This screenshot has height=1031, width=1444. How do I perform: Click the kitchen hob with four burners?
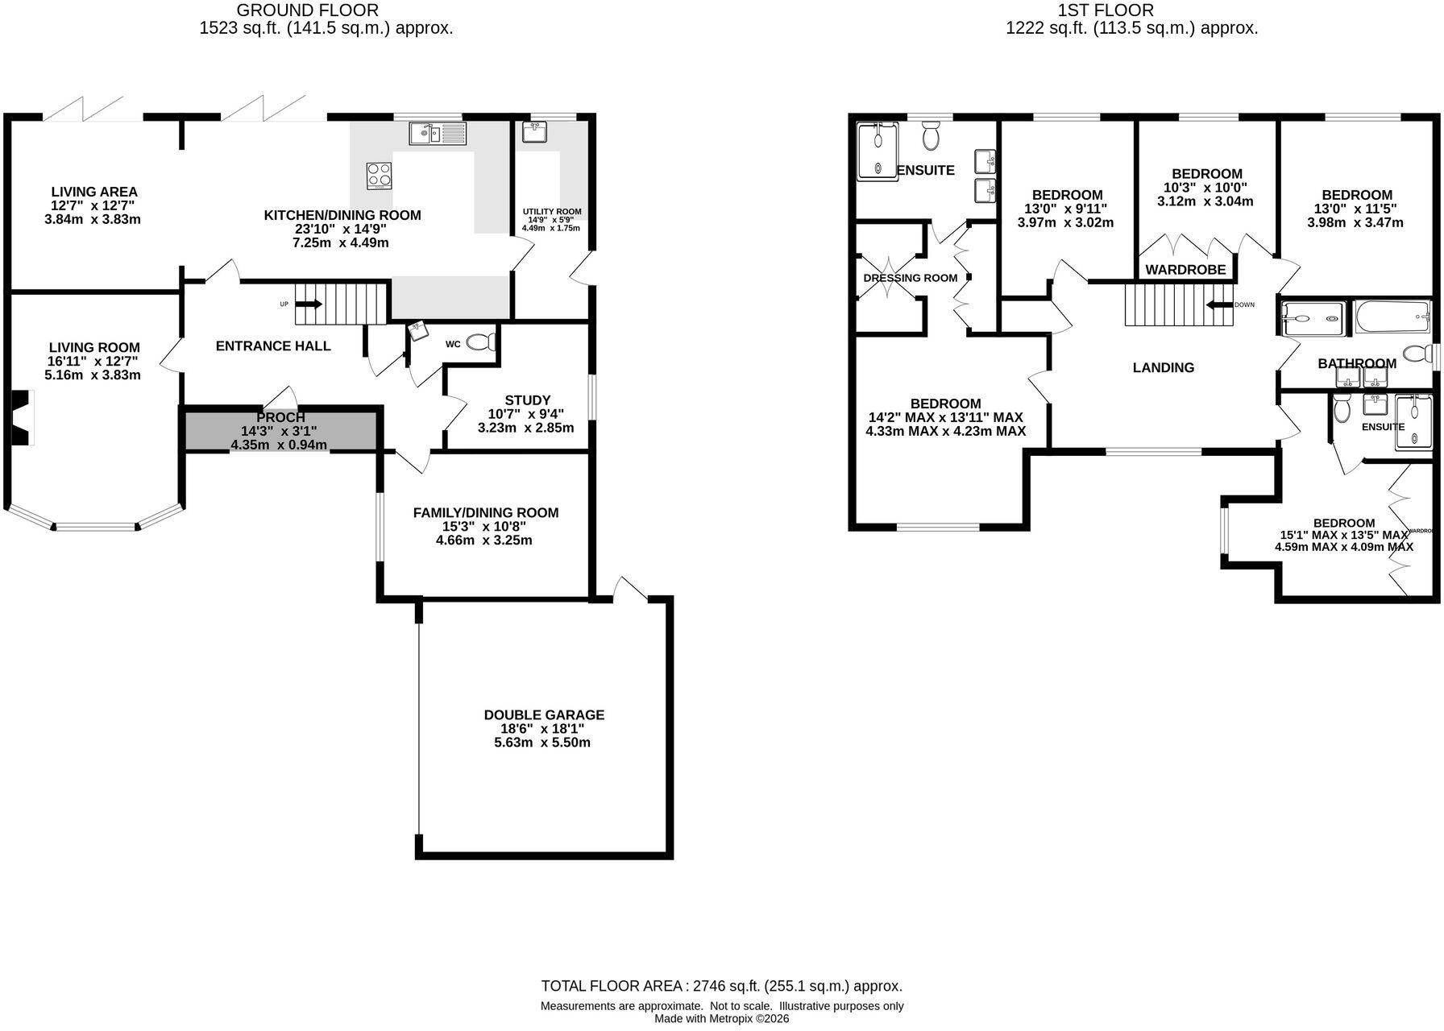tap(380, 176)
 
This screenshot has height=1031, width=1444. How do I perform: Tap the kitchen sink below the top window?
tap(438, 134)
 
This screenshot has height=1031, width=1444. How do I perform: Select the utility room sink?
tap(534, 131)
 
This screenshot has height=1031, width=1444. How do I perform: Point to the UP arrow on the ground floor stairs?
tap(309, 304)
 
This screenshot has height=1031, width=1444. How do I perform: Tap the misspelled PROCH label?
tap(280, 417)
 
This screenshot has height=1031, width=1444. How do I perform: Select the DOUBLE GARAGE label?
tap(544, 714)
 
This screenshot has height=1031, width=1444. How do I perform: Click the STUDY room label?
tap(528, 400)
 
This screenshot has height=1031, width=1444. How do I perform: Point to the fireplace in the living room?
tap(23, 416)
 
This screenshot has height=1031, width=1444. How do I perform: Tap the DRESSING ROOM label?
tap(911, 278)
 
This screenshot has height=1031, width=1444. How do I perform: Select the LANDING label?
tap(1164, 368)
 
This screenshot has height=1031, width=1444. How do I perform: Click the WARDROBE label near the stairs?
tap(1186, 270)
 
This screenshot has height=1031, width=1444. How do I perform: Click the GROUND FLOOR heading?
tap(308, 10)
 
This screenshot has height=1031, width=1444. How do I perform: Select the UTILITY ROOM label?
tap(552, 212)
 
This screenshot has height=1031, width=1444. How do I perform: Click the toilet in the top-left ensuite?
tap(931, 137)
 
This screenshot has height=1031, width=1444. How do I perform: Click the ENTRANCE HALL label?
tap(273, 346)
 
